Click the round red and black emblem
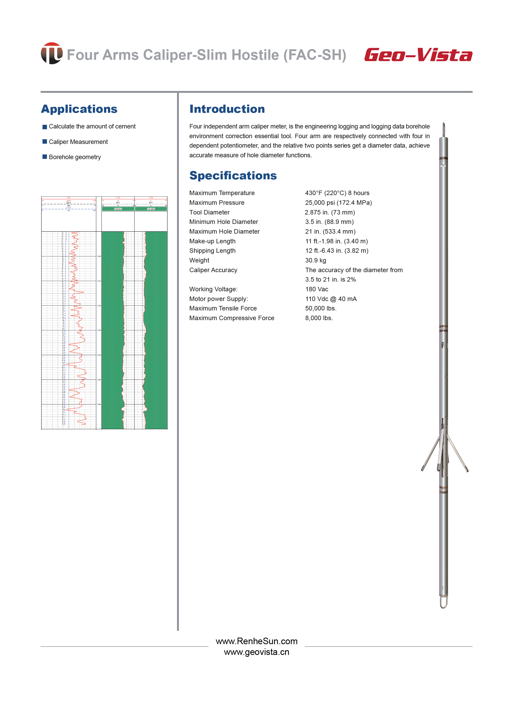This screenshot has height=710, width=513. (x=52, y=53)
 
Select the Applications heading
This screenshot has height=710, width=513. (x=79, y=109)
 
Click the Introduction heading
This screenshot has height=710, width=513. (x=227, y=109)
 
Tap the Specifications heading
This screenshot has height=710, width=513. (x=233, y=176)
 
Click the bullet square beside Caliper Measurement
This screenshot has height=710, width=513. (x=45, y=142)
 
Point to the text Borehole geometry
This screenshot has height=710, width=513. (x=75, y=157)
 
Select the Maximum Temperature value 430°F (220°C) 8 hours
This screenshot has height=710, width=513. (x=337, y=193)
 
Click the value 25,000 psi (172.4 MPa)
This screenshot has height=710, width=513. (x=339, y=203)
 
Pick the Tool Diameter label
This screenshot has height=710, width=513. (x=209, y=213)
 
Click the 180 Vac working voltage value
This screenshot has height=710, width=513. (x=317, y=289)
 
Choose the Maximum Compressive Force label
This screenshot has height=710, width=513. (x=232, y=318)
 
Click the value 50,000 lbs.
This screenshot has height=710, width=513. (x=321, y=308)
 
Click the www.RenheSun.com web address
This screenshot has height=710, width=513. (x=256, y=641)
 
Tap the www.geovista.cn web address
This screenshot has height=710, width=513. (x=256, y=652)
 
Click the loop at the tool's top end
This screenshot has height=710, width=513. (x=444, y=128)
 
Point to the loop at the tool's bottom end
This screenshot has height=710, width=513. (x=443, y=602)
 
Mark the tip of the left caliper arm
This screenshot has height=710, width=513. (x=422, y=469)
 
